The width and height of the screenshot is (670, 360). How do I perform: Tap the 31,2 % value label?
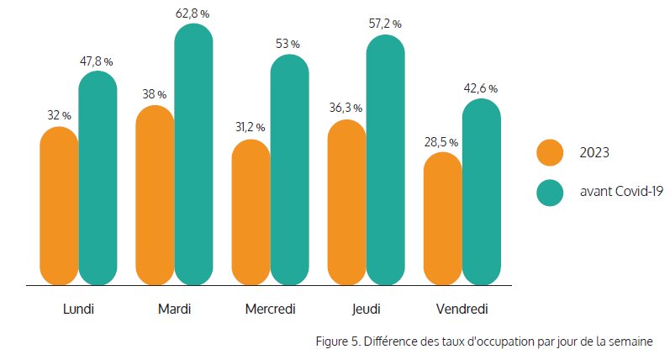click(248, 127)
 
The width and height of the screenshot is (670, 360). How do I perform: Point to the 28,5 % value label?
click(442, 140)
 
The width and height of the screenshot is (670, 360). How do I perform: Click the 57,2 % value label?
click(385, 24)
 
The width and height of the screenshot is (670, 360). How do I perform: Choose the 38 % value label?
click(155, 94)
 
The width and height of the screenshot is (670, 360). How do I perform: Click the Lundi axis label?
click(78, 309)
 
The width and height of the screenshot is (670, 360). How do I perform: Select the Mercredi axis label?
click(270, 309)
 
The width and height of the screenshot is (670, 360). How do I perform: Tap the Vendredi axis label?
click(462, 309)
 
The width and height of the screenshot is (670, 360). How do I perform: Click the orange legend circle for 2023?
click(549, 152)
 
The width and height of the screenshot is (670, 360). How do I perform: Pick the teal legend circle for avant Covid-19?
click(549, 193)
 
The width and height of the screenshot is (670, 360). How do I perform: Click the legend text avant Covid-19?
click(621, 193)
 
